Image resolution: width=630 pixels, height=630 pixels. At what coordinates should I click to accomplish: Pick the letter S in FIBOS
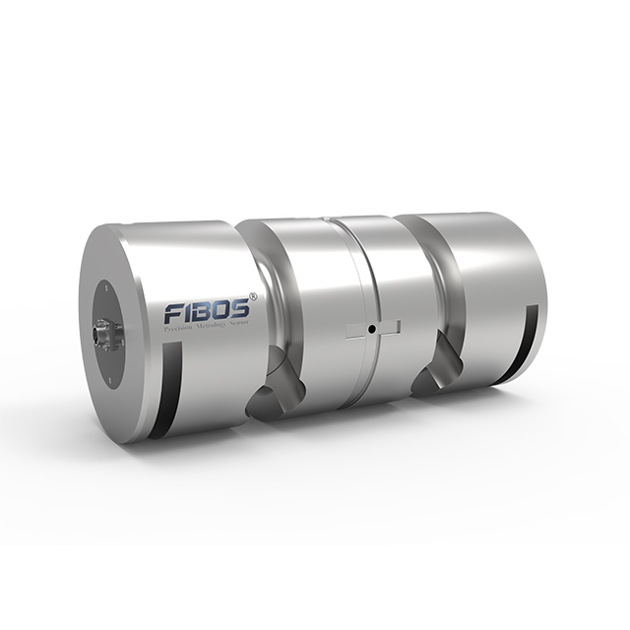(x=241, y=305)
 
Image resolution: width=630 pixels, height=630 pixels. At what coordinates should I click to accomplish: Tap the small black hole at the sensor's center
(x=371, y=329)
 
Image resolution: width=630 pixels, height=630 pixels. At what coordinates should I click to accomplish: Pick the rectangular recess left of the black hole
(x=355, y=331)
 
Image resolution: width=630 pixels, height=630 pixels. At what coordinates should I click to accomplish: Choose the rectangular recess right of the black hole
(x=387, y=327)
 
